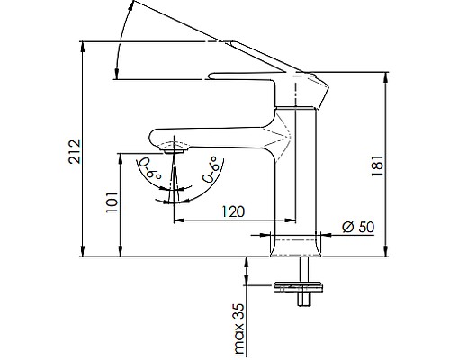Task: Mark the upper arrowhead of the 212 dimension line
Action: click(84, 45)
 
